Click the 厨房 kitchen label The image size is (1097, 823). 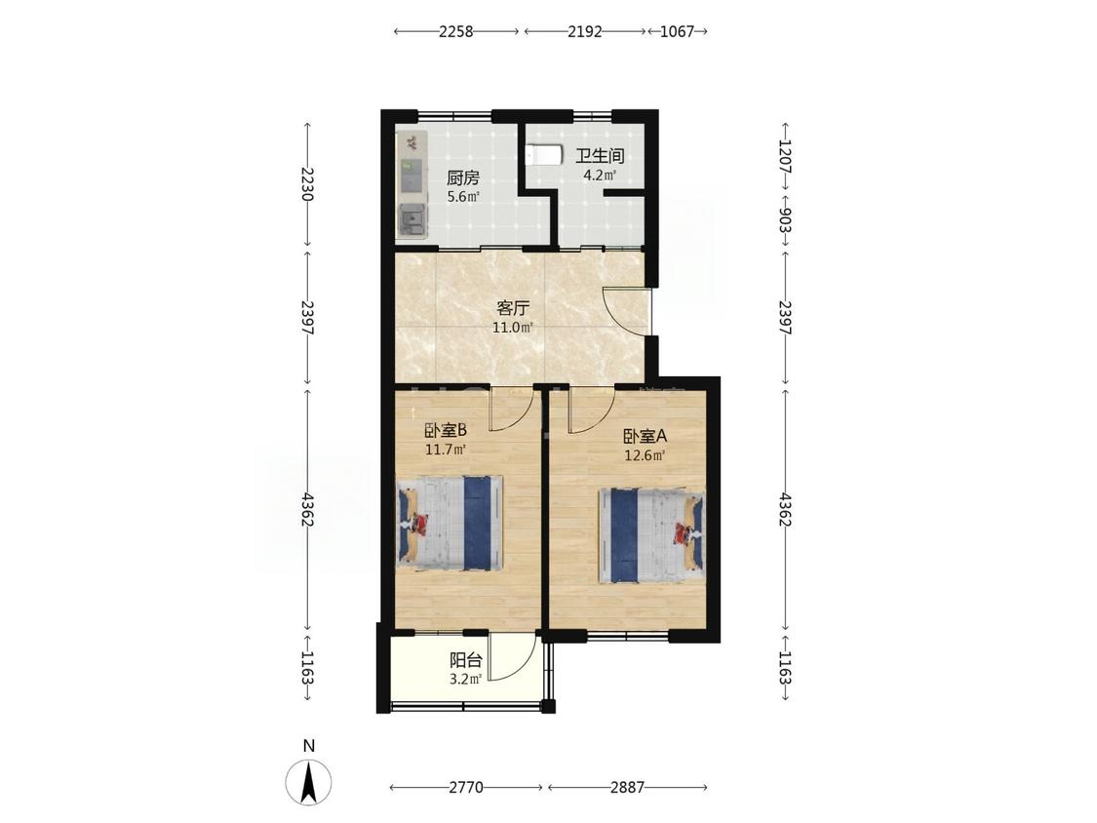point(463,177)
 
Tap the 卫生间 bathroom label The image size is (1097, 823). point(600,155)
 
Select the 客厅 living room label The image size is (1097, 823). point(513,308)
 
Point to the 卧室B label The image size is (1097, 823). point(446,429)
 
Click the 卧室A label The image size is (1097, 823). point(646,436)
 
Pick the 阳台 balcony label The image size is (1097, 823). point(465,660)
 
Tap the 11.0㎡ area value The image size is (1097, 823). point(513,327)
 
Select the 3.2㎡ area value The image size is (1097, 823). point(465,679)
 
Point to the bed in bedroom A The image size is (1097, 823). point(650,535)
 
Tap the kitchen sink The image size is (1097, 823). point(412,220)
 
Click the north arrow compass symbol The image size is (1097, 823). point(308,782)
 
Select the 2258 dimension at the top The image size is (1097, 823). point(456,31)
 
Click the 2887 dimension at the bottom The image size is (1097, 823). point(627,787)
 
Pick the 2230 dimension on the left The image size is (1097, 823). point(306,184)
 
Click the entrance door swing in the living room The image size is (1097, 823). point(627,311)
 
